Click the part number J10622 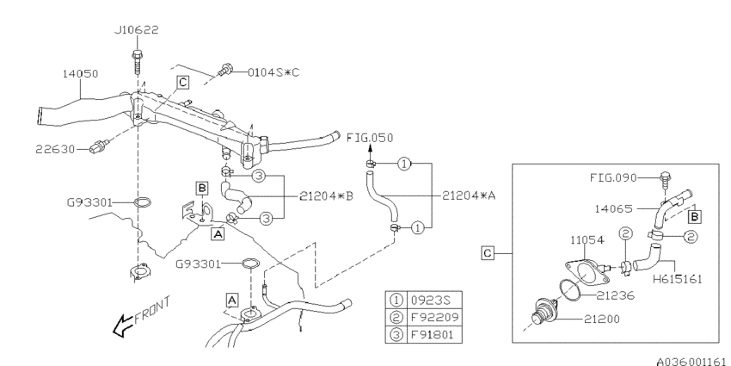pyautogui.click(x=137, y=30)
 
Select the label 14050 pyautogui.click(x=81, y=74)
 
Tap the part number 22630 pyautogui.click(x=55, y=149)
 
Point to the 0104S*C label pyautogui.click(x=273, y=72)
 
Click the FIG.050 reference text pyautogui.click(x=370, y=138)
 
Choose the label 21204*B pyautogui.click(x=326, y=196)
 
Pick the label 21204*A pyautogui.click(x=469, y=196)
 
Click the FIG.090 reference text pyautogui.click(x=613, y=178)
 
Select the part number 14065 pyautogui.click(x=613, y=208)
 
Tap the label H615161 pyautogui.click(x=677, y=279)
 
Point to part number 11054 pyautogui.click(x=587, y=240)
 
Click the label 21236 pyautogui.click(x=616, y=296)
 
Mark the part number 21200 pyautogui.click(x=601, y=319)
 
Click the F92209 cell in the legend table pyautogui.click(x=434, y=318)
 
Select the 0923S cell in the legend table pyautogui.click(x=434, y=301)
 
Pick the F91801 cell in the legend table pyautogui.click(x=434, y=335)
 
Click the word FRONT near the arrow pyautogui.click(x=152, y=310)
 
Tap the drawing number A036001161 pyautogui.click(x=693, y=361)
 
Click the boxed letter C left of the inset pyautogui.click(x=487, y=253)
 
